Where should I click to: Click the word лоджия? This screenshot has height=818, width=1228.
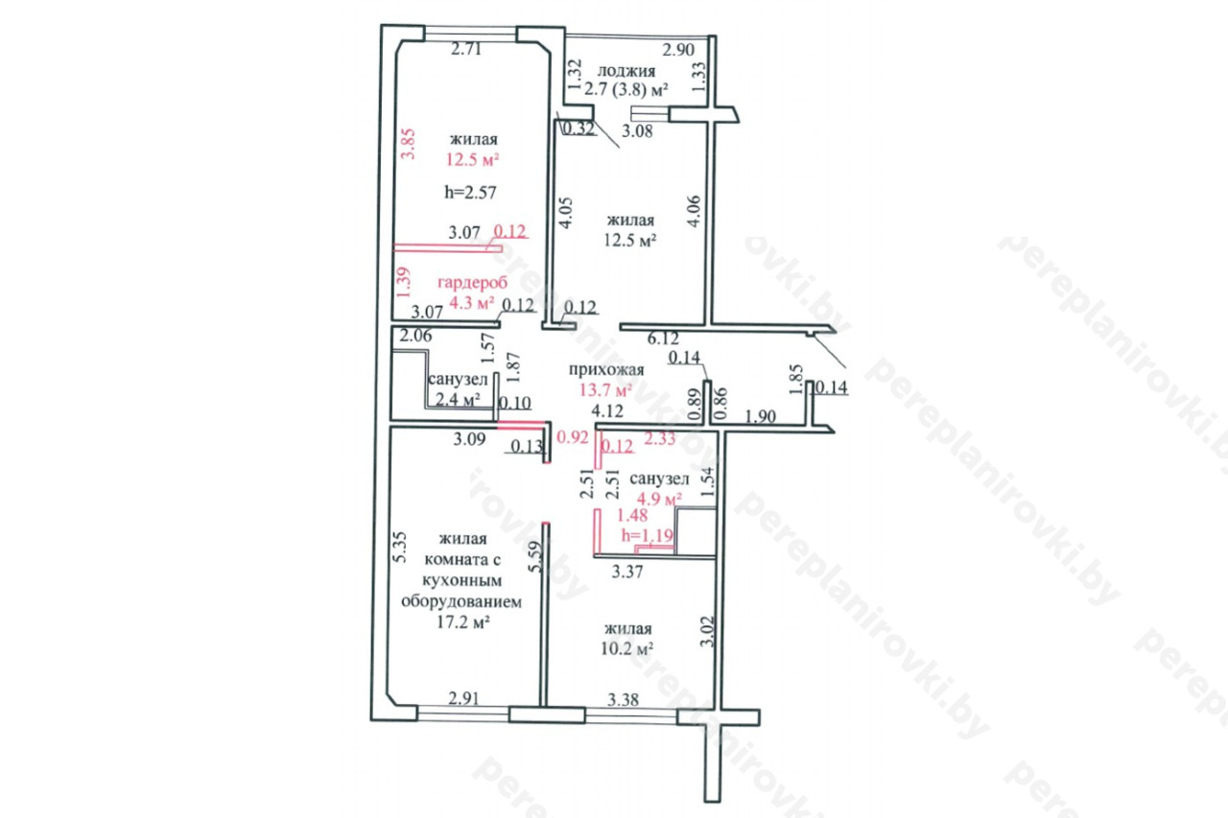(626, 71)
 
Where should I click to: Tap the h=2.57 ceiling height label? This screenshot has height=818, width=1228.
(470, 193)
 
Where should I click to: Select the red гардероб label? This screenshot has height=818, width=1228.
(473, 283)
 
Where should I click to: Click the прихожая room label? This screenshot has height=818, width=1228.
(606, 370)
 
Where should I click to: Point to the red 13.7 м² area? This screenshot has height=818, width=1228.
(605, 390)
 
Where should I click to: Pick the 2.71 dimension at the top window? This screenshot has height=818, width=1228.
(466, 49)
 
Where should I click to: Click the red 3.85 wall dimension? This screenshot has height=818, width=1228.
(409, 144)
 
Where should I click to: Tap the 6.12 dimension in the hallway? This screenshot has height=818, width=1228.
(663, 339)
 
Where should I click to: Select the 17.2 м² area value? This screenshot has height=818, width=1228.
(462, 623)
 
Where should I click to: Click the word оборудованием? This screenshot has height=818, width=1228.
(461, 602)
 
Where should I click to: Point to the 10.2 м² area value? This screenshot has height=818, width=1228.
(626, 649)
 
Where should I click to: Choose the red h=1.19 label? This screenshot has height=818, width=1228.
(647, 535)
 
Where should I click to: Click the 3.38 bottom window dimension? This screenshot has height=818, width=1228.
(623, 700)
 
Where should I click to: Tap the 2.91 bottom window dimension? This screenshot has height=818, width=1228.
(463, 698)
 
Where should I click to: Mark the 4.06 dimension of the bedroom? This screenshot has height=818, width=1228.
(694, 211)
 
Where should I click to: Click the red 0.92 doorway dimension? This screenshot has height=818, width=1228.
(573, 437)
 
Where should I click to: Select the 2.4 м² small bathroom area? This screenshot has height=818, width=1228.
(458, 400)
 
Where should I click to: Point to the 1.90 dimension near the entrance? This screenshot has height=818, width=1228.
(761, 417)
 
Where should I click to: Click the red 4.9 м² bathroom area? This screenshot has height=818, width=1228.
(659, 499)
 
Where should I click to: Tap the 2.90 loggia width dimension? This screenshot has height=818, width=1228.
(678, 50)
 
